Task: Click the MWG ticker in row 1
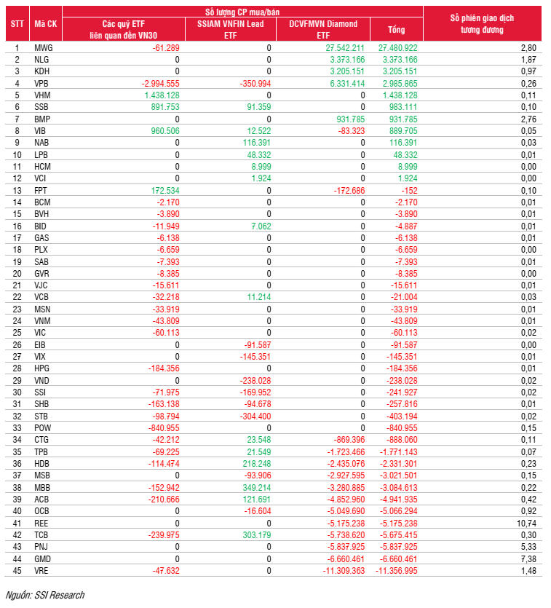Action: coord(43,47)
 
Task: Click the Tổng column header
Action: coord(396,30)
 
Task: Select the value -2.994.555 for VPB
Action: coord(160,83)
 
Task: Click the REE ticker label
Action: coord(42,524)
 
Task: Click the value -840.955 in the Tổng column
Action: coord(401,428)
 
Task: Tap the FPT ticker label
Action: coord(41,190)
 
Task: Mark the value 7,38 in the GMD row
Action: coord(528,559)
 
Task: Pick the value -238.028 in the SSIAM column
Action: coord(254,381)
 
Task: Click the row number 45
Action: coord(17,571)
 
